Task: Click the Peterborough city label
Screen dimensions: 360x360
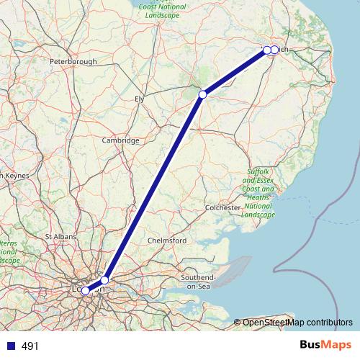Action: click(x=73, y=62)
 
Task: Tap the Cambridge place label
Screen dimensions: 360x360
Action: click(x=120, y=140)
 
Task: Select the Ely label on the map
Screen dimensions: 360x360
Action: click(x=139, y=98)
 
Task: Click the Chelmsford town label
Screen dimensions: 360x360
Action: click(x=167, y=240)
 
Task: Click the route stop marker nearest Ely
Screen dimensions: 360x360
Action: click(x=203, y=94)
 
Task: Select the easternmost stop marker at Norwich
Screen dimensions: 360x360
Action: click(x=274, y=50)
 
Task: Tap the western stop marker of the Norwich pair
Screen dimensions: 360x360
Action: click(x=267, y=50)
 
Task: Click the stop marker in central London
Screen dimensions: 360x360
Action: click(x=85, y=290)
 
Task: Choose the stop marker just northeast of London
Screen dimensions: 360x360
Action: click(x=104, y=279)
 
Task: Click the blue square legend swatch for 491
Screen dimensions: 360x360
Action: click(x=10, y=346)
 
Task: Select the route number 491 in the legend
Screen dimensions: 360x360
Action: click(x=30, y=346)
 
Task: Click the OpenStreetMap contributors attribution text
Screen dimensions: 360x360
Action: click(x=297, y=323)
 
